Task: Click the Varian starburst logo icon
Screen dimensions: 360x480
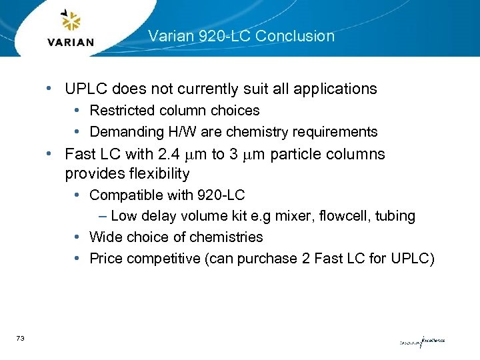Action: pyautogui.click(x=70, y=21)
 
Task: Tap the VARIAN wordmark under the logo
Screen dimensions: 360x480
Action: pyautogui.click(x=71, y=43)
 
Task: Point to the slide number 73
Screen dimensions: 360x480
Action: pyautogui.click(x=21, y=339)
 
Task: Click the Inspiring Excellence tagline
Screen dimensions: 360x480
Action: pyautogui.click(x=422, y=342)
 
